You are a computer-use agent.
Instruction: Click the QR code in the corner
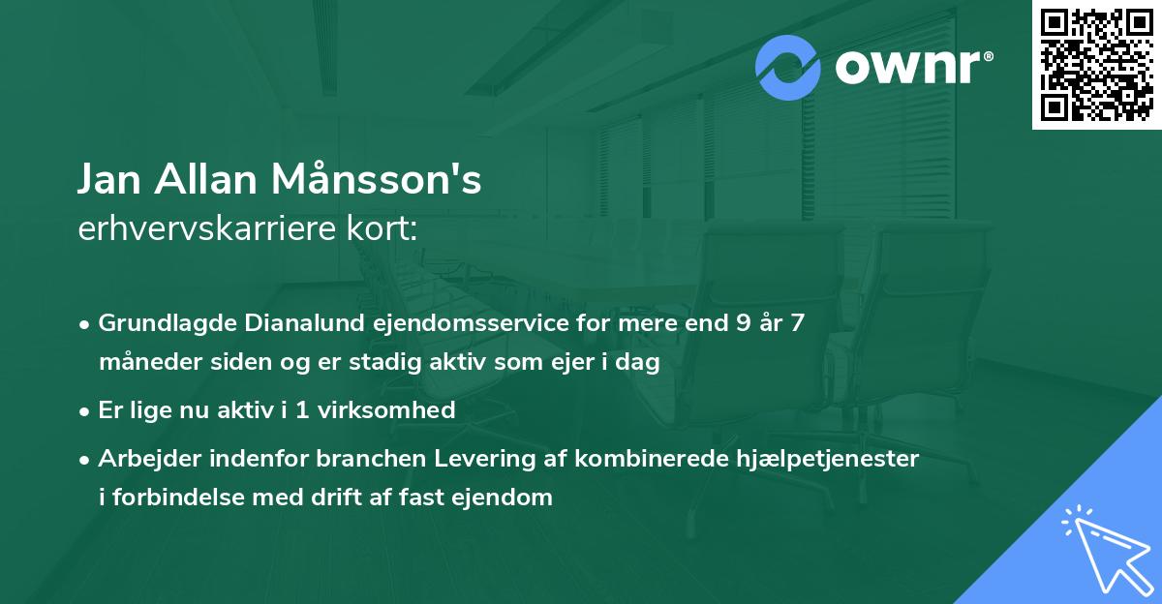(1097, 64)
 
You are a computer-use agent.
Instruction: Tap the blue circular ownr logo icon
(788, 68)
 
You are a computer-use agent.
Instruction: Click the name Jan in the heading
(108, 180)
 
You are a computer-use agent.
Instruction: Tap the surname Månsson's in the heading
(379, 180)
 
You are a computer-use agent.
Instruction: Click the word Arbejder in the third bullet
(144, 459)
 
